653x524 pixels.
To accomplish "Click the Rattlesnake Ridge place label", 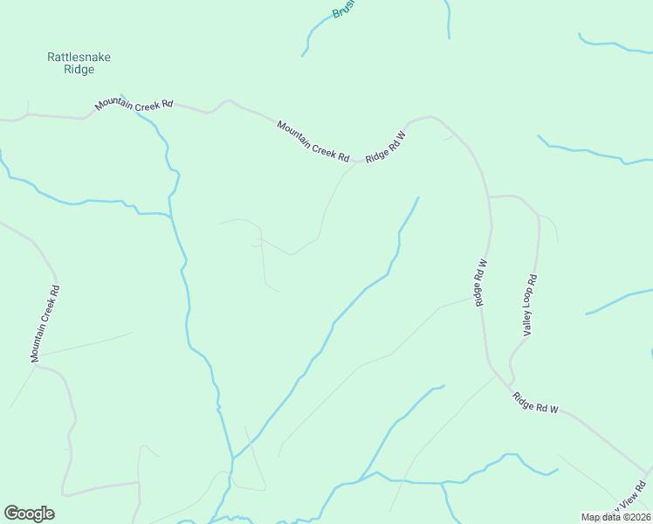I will coord(79,63).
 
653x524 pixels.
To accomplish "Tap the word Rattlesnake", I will coord(79,57).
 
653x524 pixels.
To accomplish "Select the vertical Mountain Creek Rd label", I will coord(45,324).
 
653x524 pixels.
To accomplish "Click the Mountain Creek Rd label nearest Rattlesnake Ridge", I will coord(134,105).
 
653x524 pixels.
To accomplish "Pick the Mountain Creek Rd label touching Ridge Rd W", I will coord(313,141).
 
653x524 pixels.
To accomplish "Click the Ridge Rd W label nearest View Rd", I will coord(535,403).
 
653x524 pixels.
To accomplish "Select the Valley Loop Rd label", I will coord(529,305).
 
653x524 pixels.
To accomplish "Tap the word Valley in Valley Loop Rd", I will coord(526,324).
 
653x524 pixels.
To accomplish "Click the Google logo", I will coord(29,514).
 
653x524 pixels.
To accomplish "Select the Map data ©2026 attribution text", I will coord(615,517).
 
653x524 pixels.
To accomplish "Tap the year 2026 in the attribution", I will coord(637,517).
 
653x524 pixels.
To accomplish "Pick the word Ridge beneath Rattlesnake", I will coord(79,70).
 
